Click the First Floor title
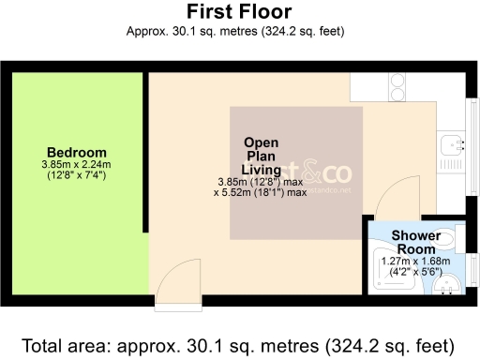tap(239, 12)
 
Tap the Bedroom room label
tap(77, 152)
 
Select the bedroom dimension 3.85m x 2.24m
tap(77, 165)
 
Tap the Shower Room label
tap(413, 242)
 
